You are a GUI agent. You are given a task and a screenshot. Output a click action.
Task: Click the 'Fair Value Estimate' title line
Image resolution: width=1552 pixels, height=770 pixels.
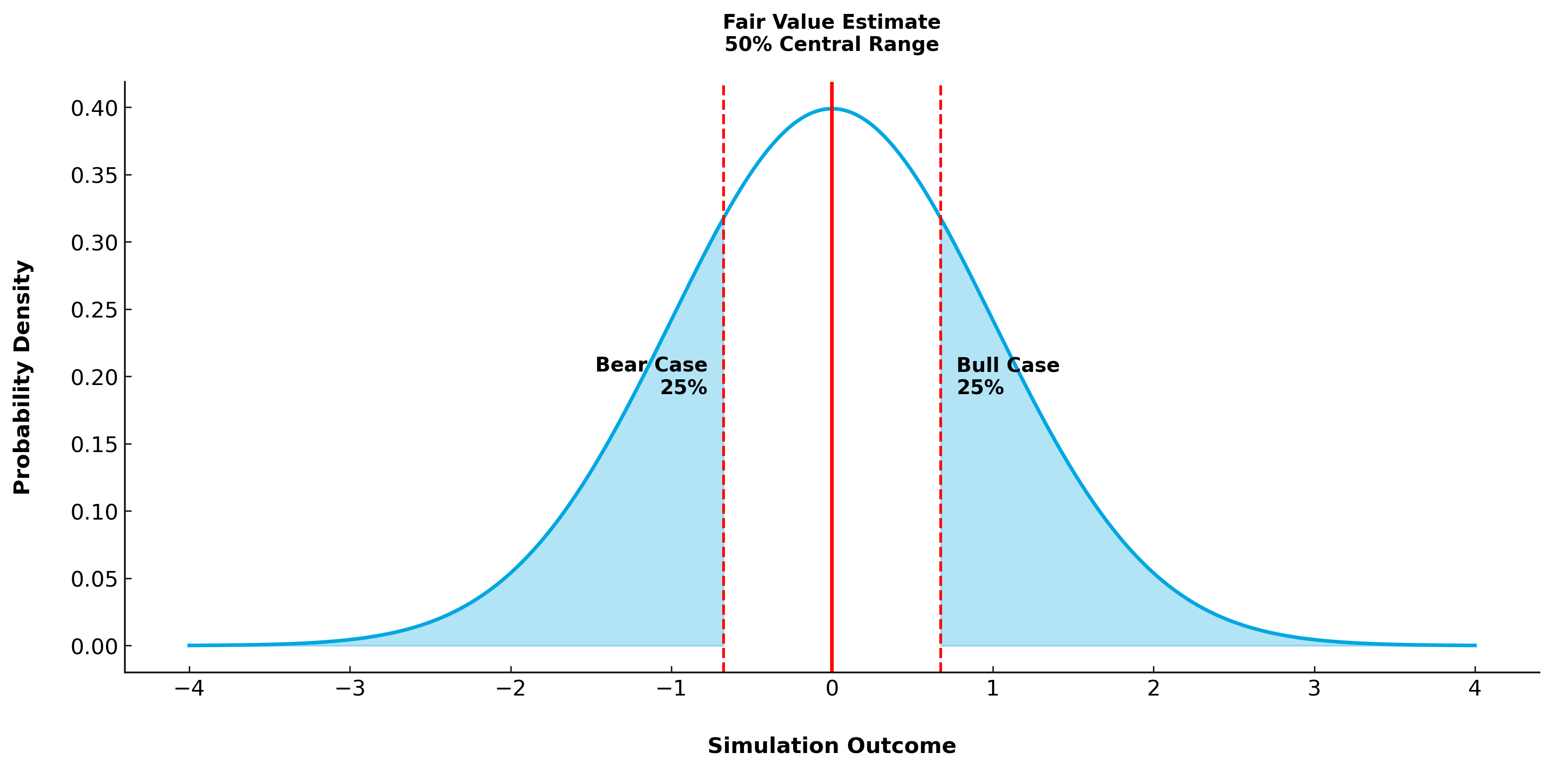point(831,22)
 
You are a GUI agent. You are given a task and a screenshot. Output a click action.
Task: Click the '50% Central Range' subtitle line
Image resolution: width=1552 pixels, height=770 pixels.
point(831,44)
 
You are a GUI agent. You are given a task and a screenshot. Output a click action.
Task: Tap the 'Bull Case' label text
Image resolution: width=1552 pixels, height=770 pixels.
point(1007,365)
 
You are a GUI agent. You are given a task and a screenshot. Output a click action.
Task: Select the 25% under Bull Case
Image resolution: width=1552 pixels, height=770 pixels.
point(980,388)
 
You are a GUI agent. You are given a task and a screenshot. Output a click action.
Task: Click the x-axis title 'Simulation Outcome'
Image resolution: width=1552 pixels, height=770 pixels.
point(831,746)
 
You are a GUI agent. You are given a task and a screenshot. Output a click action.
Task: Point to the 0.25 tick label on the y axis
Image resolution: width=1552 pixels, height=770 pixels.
point(94,310)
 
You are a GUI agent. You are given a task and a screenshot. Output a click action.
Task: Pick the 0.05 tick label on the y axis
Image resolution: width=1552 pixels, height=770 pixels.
point(94,579)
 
